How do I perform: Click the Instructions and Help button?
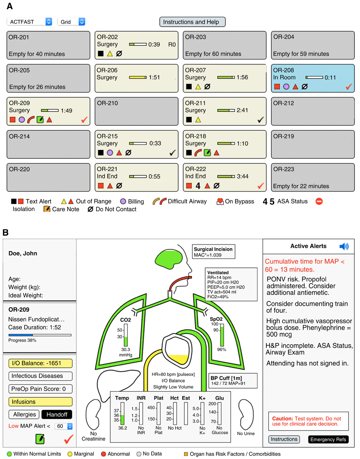pos(192,22)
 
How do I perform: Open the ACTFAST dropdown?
pos(30,22)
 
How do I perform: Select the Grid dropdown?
pos(71,22)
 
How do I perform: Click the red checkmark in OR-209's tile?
pos(84,119)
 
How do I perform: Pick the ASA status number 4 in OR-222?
pos(198,186)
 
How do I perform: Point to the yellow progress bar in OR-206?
pos(138,77)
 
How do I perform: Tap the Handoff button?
pos(57,414)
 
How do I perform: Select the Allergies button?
pos(24,414)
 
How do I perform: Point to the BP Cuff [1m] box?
pos(233,381)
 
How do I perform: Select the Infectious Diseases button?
pos(40,376)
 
